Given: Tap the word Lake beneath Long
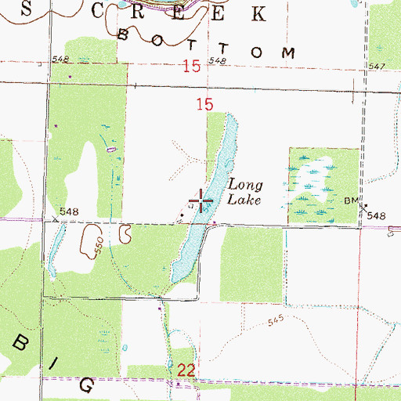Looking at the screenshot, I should (x=244, y=200).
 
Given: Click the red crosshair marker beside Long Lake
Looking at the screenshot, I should (x=202, y=203).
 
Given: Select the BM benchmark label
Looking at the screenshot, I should (x=350, y=200).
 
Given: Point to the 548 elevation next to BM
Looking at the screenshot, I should (x=378, y=215).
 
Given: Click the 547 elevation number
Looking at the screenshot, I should (x=376, y=67).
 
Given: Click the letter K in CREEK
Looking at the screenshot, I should (x=257, y=13).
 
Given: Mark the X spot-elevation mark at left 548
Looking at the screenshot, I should (x=55, y=221).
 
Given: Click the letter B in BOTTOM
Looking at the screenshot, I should (x=123, y=34).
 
